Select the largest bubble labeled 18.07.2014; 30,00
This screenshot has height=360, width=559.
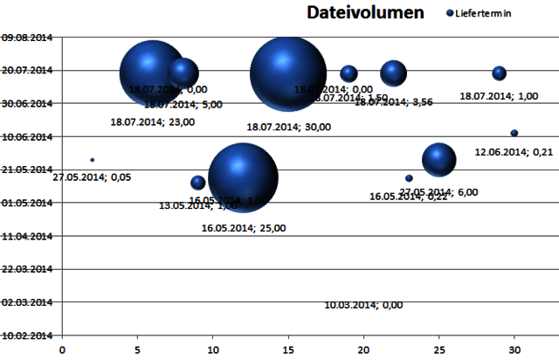284,73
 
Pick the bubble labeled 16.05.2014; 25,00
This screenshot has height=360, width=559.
244,177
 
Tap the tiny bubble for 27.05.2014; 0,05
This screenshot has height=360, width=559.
93,160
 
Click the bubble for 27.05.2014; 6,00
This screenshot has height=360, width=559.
439,159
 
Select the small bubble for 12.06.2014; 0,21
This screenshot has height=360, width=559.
514,133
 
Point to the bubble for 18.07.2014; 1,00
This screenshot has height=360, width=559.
499,73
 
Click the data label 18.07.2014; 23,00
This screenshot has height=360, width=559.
153,122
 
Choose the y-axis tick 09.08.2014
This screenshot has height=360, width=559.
27,38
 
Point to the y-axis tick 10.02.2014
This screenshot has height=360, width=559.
27,335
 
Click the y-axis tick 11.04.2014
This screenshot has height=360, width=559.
27,236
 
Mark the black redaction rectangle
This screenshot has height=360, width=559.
511,287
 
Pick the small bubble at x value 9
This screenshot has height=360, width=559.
198,183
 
